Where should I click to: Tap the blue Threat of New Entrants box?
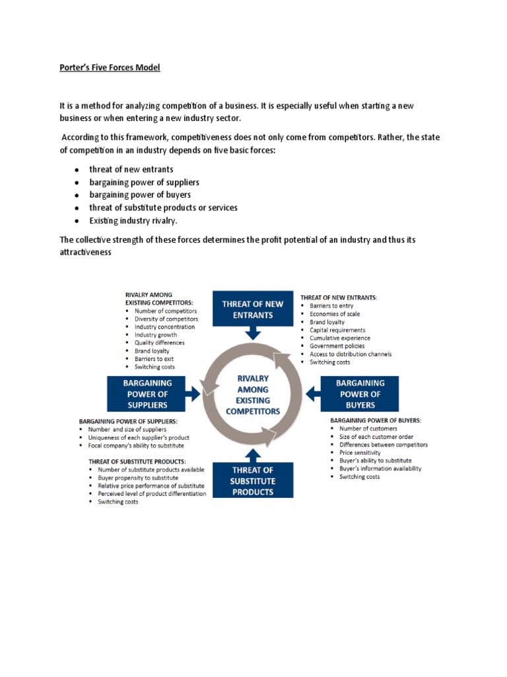(252, 309)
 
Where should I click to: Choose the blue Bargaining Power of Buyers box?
(360, 393)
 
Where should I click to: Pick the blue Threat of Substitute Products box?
(252, 481)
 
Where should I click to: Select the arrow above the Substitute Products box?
(252, 453)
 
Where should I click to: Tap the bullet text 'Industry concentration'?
(164, 327)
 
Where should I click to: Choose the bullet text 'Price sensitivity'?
(361, 453)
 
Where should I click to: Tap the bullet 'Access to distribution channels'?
(351, 354)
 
